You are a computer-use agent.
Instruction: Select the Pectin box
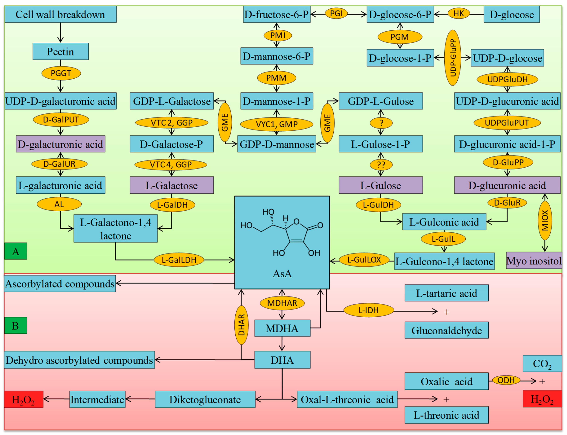60,51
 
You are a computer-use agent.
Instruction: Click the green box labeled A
16,251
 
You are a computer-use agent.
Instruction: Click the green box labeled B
16,325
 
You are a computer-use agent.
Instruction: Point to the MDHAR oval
282,303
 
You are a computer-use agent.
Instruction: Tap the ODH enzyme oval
506,380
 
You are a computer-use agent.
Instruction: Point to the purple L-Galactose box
171,185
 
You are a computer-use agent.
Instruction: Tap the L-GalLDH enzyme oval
179,260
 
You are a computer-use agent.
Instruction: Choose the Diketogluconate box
205,399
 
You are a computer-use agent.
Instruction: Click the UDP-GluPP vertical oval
452,58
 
